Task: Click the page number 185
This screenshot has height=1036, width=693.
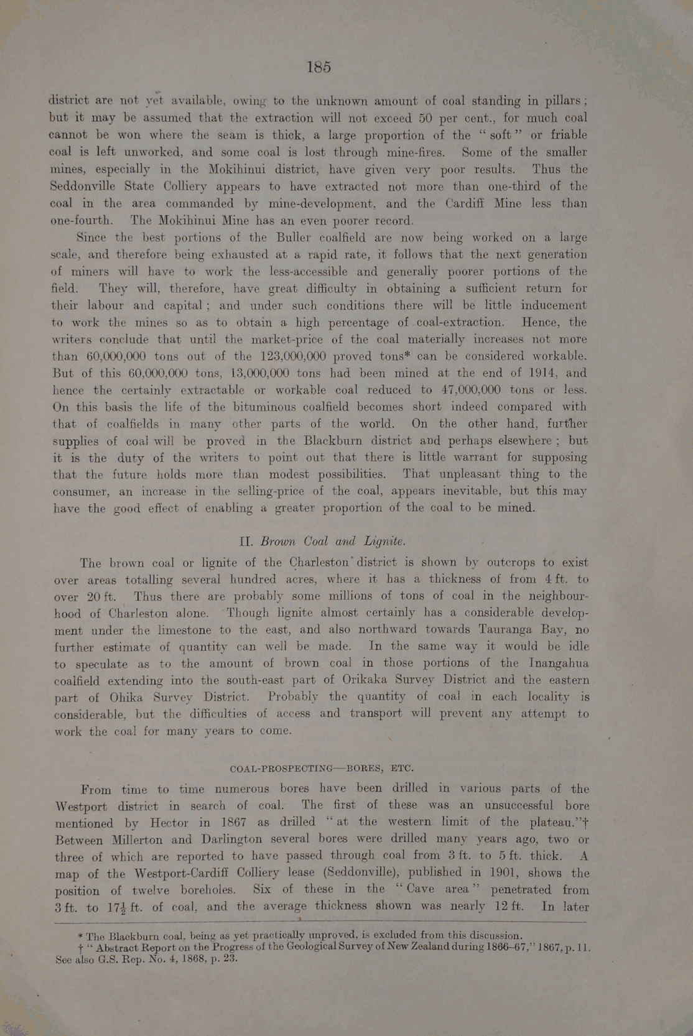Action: pos(319,67)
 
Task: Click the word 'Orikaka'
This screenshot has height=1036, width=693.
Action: pos(342,680)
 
